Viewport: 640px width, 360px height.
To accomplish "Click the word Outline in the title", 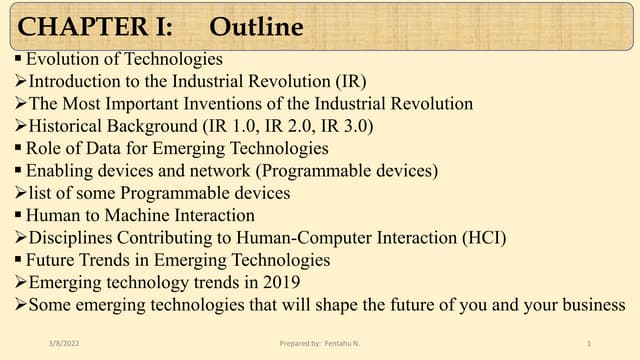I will pos(257,25).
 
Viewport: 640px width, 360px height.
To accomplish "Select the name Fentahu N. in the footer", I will pos(342,343).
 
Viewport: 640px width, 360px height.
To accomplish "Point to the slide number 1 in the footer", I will pos(589,343).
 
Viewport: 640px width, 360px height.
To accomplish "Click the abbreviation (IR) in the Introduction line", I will pos(351,81).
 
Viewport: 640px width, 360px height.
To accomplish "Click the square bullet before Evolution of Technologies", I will pos(19,60).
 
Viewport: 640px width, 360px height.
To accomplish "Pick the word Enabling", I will pos(58,170).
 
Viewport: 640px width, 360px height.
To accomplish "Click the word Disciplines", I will pos(71,237).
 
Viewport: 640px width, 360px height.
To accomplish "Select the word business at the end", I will pos(594,304).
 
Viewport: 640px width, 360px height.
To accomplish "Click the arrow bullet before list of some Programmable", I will pos(20,193).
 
